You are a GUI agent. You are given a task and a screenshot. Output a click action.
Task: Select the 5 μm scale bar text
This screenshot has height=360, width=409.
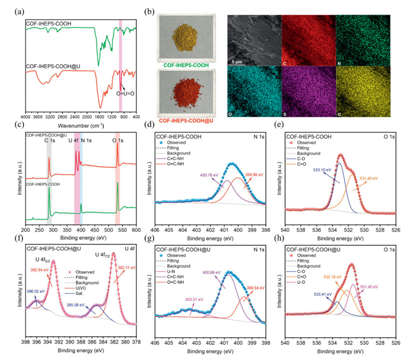[239, 61]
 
